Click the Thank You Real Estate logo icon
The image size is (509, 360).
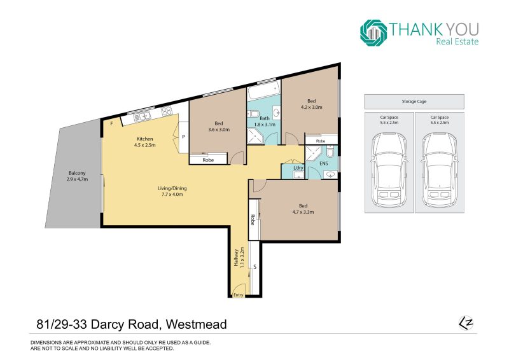tap(373, 33)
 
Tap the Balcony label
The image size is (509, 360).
tap(77, 176)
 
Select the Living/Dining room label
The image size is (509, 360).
tap(172, 191)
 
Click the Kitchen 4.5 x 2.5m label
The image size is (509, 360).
tap(145, 142)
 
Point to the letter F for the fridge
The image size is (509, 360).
tap(112, 123)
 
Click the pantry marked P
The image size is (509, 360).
tap(183, 137)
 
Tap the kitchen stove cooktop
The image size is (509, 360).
tap(167, 111)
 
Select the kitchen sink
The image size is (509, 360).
tap(142, 116)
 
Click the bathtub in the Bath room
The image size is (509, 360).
tap(263, 90)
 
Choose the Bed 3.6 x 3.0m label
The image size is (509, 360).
tap(219, 127)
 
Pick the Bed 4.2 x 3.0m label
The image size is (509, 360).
tap(311, 104)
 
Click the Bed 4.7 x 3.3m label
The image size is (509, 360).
tap(303, 209)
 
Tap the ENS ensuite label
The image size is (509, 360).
tap(324, 163)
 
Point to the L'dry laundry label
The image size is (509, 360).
tap(298, 168)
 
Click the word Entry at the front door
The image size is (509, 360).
tap(238, 294)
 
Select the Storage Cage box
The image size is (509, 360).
tap(414, 102)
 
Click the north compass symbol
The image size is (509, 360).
tap(466, 323)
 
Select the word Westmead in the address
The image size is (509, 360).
tap(196, 324)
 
